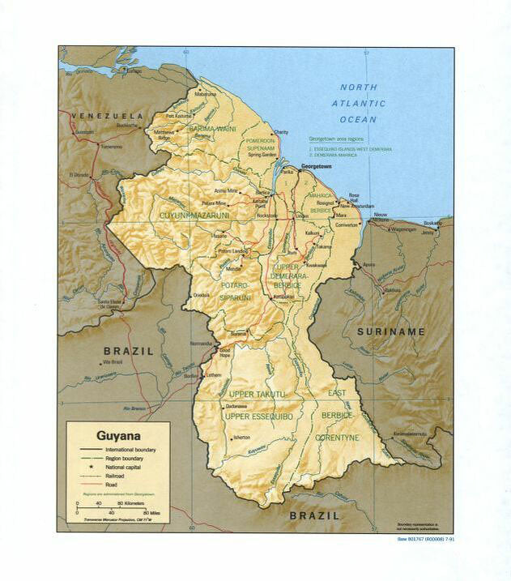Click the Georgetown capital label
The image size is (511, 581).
point(317,166)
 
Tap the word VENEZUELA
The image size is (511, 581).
point(106,116)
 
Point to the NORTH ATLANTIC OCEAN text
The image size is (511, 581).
point(358,103)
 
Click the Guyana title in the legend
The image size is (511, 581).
point(118,434)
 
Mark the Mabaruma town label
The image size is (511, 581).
point(206,94)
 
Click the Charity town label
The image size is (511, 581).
point(281,132)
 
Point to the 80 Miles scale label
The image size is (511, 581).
point(151,513)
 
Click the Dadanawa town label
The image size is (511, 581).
point(236,405)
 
